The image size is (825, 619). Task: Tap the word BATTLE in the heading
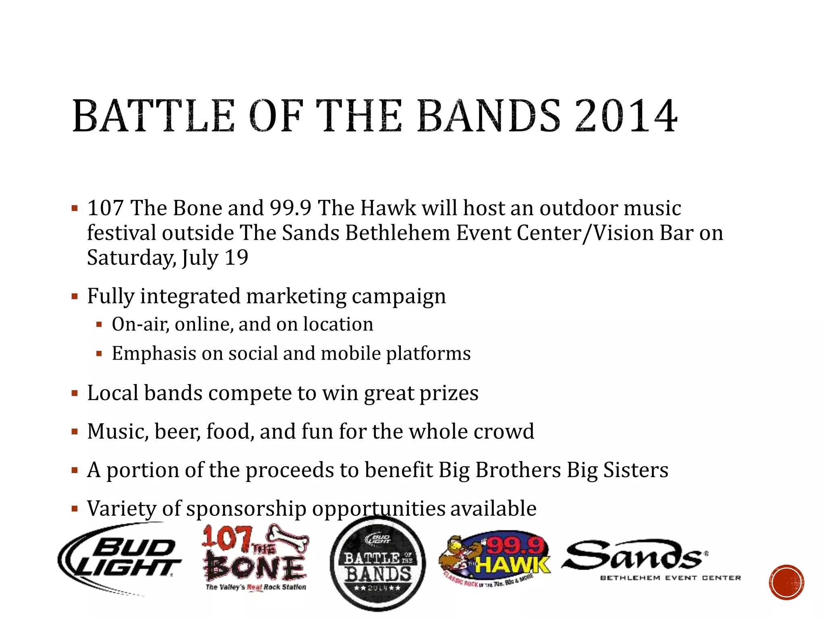click(x=153, y=116)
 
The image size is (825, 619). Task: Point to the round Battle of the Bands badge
click(x=377, y=563)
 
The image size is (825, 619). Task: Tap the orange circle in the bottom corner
click(x=786, y=582)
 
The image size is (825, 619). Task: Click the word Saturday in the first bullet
click(x=131, y=258)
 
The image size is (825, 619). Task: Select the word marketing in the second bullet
click(x=296, y=297)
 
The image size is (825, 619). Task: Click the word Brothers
click(x=518, y=470)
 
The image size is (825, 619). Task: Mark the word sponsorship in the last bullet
click(x=247, y=509)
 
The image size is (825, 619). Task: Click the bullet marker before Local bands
click(x=75, y=393)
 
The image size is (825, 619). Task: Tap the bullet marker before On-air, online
click(x=99, y=325)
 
